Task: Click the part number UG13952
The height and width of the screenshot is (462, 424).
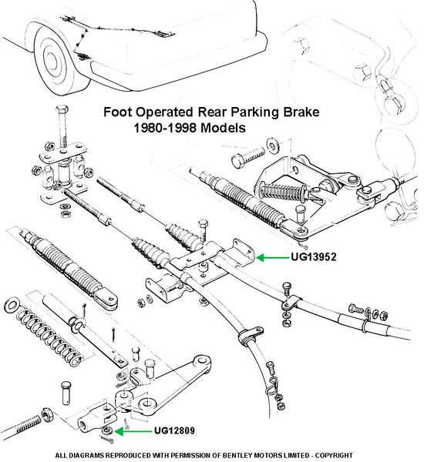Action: click(x=314, y=256)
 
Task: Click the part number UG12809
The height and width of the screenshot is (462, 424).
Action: click(x=174, y=430)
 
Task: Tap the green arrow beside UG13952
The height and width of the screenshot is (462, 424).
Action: click(x=273, y=257)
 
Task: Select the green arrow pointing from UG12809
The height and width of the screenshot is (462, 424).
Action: click(x=133, y=432)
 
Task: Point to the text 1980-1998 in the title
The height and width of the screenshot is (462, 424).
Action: click(x=165, y=128)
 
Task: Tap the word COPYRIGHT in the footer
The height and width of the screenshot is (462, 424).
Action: click(x=334, y=455)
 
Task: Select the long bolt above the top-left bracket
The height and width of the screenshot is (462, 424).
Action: click(x=62, y=127)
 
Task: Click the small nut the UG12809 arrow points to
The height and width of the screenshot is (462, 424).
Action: click(x=107, y=430)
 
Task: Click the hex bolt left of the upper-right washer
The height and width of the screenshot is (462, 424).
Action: click(x=248, y=157)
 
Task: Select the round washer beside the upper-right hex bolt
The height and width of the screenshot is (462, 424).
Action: click(x=273, y=146)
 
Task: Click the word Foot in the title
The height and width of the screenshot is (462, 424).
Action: click(x=118, y=112)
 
